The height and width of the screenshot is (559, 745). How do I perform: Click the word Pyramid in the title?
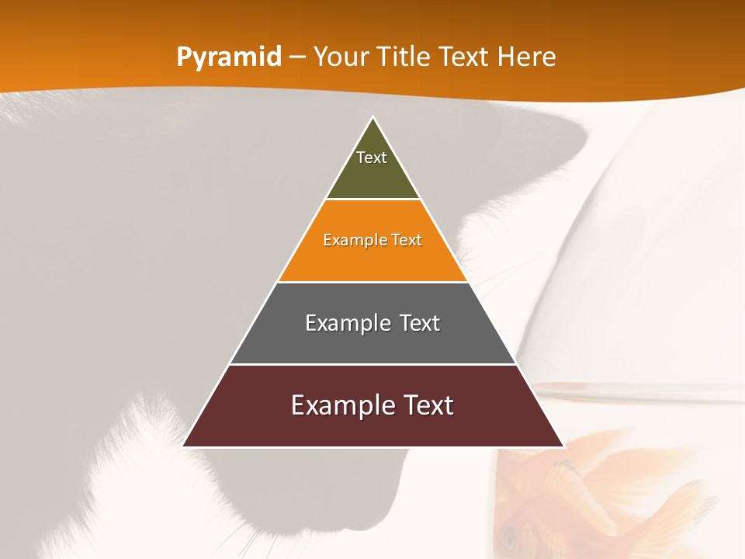228,57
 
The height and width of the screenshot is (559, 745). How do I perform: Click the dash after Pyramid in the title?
297,57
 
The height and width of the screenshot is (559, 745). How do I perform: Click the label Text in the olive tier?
372,158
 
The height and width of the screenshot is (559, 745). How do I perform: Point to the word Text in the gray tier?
419,323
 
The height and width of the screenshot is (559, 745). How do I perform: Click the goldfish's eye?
510,536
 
